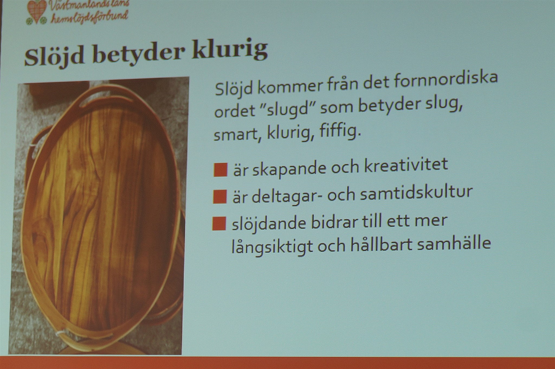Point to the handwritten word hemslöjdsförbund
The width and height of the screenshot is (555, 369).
click(90, 17)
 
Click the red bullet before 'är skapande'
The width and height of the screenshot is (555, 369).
click(220, 170)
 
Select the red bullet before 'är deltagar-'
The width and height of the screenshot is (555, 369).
click(220, 196)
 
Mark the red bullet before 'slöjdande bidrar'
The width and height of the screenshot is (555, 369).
click(219, 224)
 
